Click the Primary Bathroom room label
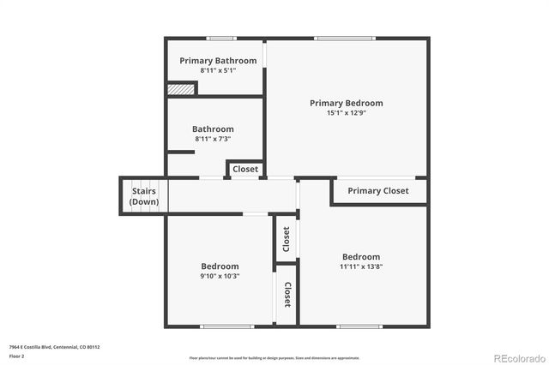click(218, 61)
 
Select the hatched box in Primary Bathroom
click(181, 88)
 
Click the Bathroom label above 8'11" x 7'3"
click(213, 129)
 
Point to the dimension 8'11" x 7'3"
click(213, 139)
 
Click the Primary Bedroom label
click(346, 103)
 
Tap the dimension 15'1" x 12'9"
click(346, 113)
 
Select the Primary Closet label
click(378, 191)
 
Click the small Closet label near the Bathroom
click(245, 170)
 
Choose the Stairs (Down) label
click(143, 196)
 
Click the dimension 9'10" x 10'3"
click(220, 276)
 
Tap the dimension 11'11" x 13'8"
click(361, 266)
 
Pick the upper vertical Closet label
click(287, 240)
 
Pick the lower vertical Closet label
click(287, 295)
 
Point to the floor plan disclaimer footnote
click(274, 357)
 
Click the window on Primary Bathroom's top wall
click(221, 38)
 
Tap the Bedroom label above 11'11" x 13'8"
click(361, 257)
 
